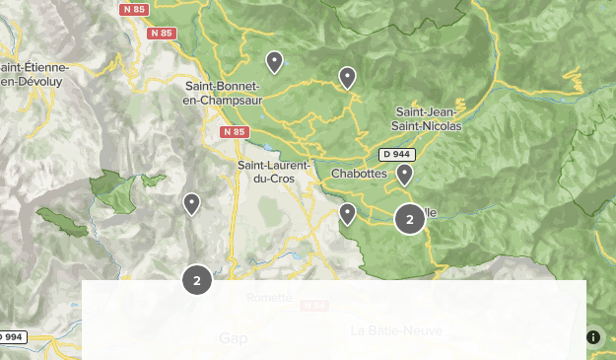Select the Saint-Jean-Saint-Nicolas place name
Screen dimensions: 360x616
[x=428, y=118]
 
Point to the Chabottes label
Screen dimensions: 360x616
[x=359, y=174]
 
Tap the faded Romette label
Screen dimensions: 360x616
[x=269, y=298]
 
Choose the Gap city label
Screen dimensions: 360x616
[x=233, y=337]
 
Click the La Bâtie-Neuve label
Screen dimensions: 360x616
[x=396, y=330]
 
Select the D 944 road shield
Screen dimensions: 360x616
[x=397, y=155]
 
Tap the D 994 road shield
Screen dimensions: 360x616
[x=11, y=337]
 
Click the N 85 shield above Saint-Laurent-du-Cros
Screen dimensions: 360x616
[x=235, y=132]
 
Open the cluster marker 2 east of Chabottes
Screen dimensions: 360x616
[x=410, y=219]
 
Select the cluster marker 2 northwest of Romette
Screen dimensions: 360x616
[x=197, y=280]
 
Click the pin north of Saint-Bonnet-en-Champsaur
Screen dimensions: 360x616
[x=275, y=61]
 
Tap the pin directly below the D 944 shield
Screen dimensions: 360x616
[x=404, y=175]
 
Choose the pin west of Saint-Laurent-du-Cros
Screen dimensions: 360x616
[x=191, y=203]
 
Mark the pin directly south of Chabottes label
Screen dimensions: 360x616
[x=347, y=213]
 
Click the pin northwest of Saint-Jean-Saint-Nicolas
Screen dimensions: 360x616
[x=347, y=77]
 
